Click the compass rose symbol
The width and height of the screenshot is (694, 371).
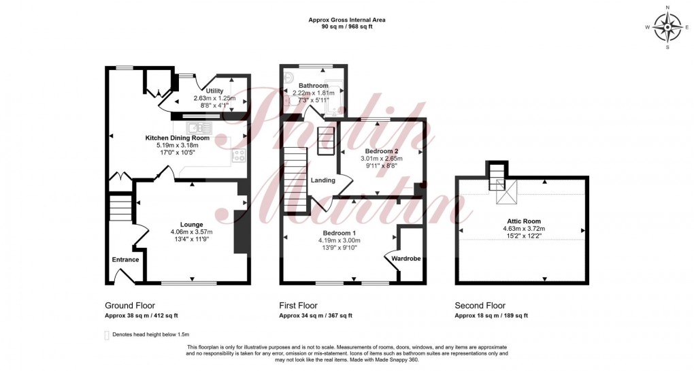(667, 27)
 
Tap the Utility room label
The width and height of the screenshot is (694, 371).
(214, 91)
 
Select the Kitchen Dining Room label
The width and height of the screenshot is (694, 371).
(177, 138)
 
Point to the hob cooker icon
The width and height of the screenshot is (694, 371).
(239, 155)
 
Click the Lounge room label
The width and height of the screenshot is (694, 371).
(192, 225)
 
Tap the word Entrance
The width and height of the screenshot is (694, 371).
(125, 260)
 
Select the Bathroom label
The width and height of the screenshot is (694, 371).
(314, 86)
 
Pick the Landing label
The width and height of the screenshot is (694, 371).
(323, 180)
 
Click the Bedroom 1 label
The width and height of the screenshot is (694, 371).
(340, 233)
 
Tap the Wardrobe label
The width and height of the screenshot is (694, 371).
(406, 259)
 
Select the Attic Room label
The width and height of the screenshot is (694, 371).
(524, 221)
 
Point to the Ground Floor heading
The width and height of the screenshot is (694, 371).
(130, 306)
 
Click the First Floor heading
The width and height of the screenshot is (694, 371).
(298, 306)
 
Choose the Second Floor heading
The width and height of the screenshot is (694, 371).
(480, 306)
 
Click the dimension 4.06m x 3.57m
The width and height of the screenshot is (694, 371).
(192, 232)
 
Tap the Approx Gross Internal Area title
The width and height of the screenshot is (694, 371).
(347, 20)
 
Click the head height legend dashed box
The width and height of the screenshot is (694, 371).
(106, 335)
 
